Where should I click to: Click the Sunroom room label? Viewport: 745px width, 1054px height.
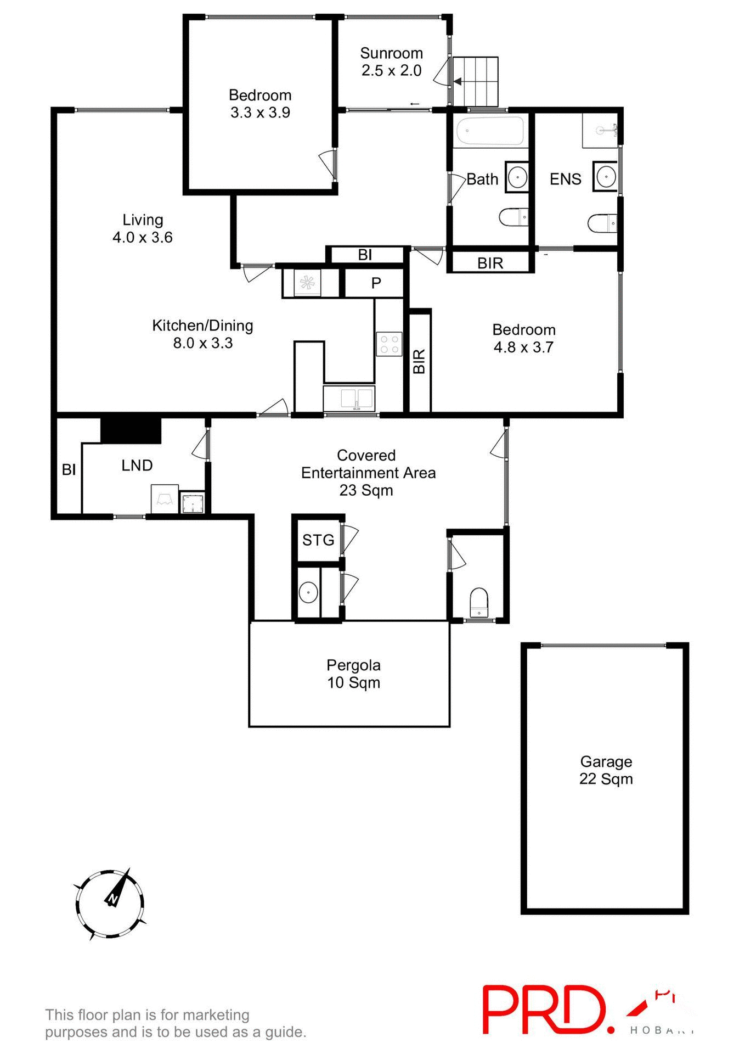[391, 53]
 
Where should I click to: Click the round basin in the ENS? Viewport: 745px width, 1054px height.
[606, 177]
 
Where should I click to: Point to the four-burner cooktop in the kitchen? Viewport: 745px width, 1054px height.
[389, 344]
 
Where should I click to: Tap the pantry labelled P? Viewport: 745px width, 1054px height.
[376, 283]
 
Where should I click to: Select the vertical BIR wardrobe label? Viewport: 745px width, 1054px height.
[419, 361]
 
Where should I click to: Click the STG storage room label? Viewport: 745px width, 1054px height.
[318, 540]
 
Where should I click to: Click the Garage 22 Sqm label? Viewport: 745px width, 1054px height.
[606, 770]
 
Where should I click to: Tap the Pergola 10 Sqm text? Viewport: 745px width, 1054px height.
[353, 674]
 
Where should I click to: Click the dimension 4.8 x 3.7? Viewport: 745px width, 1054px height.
[523, 347]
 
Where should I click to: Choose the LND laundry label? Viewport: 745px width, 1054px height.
[137, 466]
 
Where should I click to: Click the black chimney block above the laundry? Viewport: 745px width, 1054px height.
[131, 430]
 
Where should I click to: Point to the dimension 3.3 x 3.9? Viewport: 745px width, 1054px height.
[260, 113]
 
